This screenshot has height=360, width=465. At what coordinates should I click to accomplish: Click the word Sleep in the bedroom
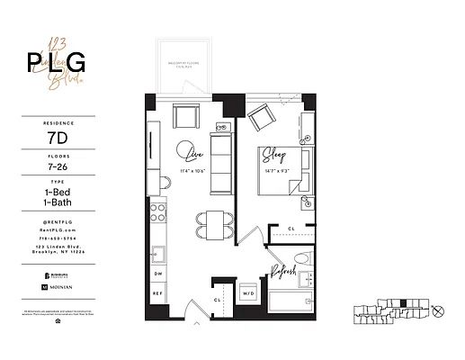(273, 156)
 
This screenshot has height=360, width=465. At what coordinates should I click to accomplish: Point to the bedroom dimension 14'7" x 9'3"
(274, 168)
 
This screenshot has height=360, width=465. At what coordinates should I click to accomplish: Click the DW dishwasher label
(158, 273)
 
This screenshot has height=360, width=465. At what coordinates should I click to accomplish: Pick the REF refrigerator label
(158, 293)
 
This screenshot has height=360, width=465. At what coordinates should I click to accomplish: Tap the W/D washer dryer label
(248, 293)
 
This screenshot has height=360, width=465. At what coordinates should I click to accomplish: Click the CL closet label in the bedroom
(291, 229)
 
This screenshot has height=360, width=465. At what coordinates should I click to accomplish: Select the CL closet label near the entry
(217, 299)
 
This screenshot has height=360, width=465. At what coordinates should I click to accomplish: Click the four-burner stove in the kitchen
(158, 212)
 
